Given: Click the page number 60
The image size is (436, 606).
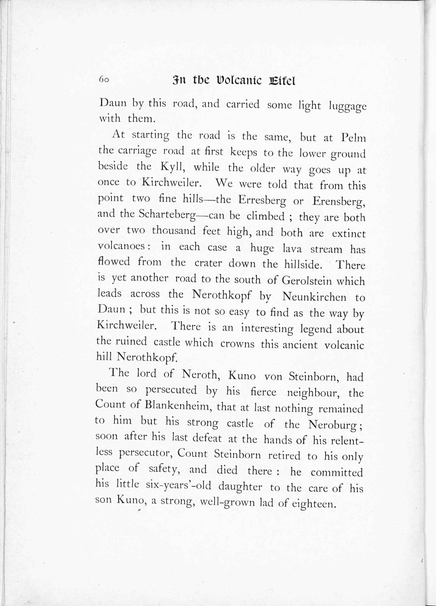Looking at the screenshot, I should click(x=104, y=80).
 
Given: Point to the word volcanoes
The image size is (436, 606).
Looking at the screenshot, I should click(x=121, y=246).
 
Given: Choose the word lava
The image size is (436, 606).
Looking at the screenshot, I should click(x=292, y=249).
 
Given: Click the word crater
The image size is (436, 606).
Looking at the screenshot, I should click(x=208, y=263).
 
